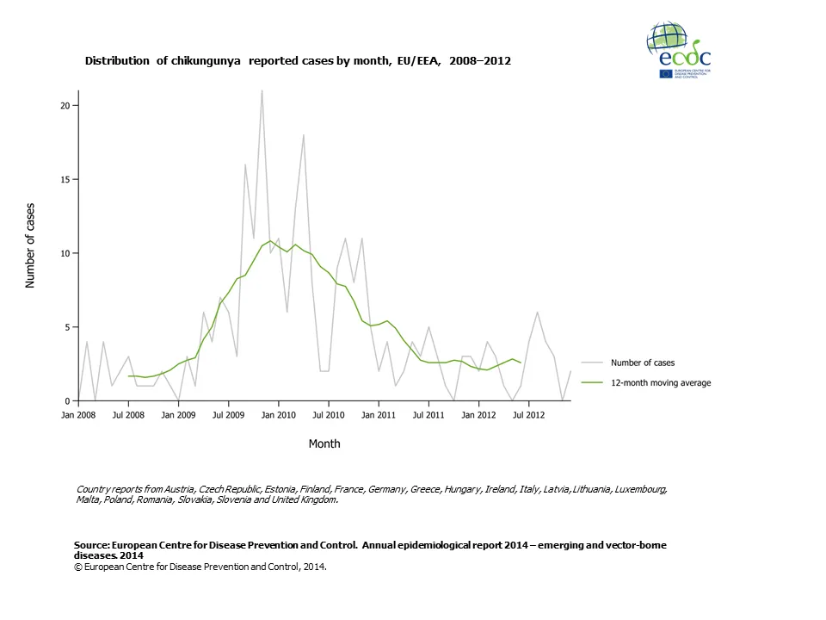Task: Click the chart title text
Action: point(298,61)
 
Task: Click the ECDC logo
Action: point(678,51)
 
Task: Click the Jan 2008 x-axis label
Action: point(78,415)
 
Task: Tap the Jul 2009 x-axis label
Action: point(228,415)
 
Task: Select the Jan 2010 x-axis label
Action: point(278,415)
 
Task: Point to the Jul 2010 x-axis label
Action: point(328,415)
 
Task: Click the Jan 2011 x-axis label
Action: point(378,415)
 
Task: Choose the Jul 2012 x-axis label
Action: point(527,415)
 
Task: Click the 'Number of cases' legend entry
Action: point(643,363)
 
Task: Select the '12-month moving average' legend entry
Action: point(660,382)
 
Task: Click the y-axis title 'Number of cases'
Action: point(31,246)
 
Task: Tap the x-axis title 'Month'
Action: point(324,443)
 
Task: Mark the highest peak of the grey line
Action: point(262,90)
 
